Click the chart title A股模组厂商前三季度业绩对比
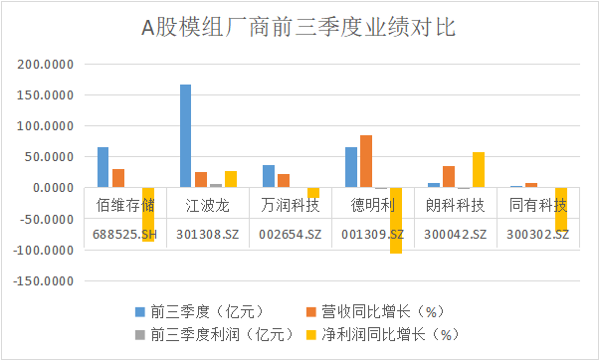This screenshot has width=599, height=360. point(299,27)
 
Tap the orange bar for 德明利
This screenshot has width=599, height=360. point(366,161)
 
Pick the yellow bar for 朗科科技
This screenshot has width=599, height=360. point(479,170)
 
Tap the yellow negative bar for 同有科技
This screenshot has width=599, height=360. point(561,210)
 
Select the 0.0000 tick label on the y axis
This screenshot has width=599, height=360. point(52,188)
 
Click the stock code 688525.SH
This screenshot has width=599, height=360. point(125,235)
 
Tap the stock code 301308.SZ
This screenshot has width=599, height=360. point(208,235)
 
